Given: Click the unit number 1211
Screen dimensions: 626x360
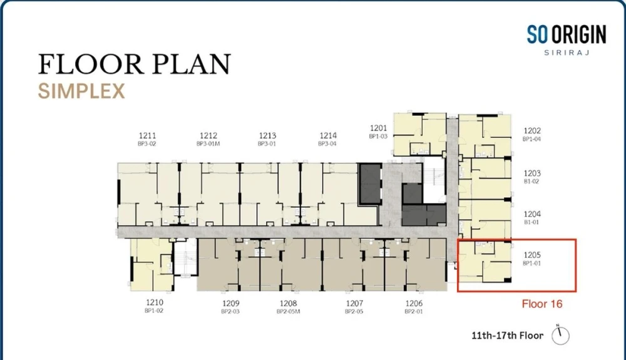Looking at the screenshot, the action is click(147, 136).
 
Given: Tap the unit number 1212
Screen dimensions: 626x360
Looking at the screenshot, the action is click(208, 136).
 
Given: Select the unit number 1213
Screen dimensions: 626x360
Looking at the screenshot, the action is click(267, 136).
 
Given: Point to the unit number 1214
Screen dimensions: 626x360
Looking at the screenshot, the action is click(328, 136).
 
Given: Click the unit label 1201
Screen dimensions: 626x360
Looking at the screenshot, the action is click(379, 128).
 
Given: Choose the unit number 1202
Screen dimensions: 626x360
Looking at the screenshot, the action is click(532, 131).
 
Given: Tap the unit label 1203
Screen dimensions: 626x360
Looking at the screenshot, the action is click(532, 173).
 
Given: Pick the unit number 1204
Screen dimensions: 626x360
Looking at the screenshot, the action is click(532, 214).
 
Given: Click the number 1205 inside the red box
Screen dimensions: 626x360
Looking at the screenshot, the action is click(532, 255).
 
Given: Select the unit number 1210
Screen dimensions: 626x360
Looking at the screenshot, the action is click(155, 302).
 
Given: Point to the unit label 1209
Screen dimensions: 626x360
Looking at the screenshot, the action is click(231, 304).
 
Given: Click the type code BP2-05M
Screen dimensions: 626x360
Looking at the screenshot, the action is click(288, 312).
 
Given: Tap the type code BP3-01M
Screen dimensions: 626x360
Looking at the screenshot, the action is click(208, 143).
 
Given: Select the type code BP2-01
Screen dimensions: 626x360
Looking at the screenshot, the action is click(414, 312).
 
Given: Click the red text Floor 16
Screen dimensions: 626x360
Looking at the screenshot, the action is click(542, 304).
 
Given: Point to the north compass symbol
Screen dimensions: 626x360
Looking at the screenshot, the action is click(560, 335).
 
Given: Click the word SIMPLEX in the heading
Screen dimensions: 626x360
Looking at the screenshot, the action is click(81, 91).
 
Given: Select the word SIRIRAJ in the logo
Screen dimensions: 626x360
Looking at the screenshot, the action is click(567, 53).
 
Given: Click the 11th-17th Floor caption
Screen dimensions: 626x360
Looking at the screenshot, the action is click(508, 336).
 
